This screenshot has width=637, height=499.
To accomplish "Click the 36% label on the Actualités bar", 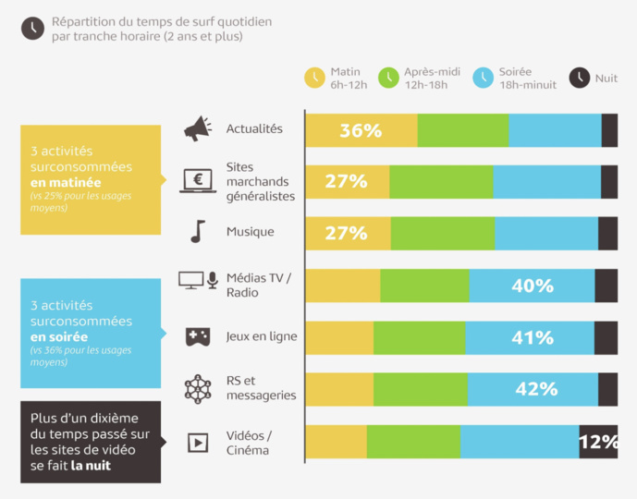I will click(361, 130).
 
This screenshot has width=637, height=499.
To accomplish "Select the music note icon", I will click(198, 231).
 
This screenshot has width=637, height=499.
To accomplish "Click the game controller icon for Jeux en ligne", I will click(198, 337).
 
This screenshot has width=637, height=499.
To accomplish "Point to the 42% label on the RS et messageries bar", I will click(536, 389).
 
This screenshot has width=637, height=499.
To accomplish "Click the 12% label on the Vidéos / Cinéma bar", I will click(598, 443).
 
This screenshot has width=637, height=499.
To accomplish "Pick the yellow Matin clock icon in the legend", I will click(314, 78).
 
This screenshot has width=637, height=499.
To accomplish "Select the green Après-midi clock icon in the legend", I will click(388, 78).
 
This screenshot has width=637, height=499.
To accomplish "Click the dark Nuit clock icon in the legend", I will click(580, 78).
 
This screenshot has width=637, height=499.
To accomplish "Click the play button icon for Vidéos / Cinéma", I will click(198, 443).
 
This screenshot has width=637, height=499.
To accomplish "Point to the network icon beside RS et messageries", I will click(198, 389).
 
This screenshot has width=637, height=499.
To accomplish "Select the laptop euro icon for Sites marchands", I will click(198, 181).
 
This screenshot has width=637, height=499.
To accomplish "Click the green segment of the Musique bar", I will click(442, 234).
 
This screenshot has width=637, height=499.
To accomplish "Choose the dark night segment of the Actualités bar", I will click(609, 130).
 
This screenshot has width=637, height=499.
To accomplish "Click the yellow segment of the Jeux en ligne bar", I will click(339, 338).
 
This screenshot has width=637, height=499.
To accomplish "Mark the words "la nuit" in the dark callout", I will click(91, 466).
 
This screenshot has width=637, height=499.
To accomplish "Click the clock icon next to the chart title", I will click(32, 29).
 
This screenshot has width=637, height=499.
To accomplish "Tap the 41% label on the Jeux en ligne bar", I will click(533, 338).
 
